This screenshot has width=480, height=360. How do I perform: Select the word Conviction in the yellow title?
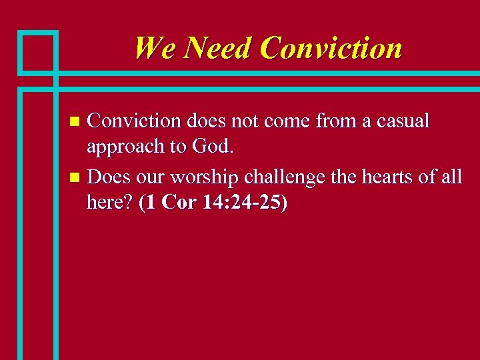pyautogui.click(x=331, y=48)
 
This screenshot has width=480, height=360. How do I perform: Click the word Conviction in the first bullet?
pyautogui.click(x=134, y=121)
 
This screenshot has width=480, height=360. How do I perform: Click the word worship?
pyautogui.click(x=203, y=177)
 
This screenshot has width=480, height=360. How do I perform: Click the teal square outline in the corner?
pyautogui.click(x=37, y=51)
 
